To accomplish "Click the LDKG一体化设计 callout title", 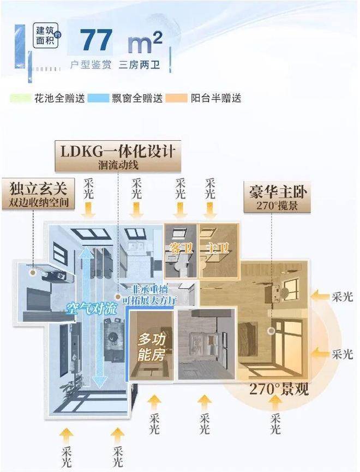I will [x=118, y=150].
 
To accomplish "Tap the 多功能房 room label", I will [x=150, y=348].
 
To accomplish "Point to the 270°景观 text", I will [x=279, y=390].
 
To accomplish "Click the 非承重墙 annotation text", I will [x=150, y=289].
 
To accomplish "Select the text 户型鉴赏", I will [x=91, y=64].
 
